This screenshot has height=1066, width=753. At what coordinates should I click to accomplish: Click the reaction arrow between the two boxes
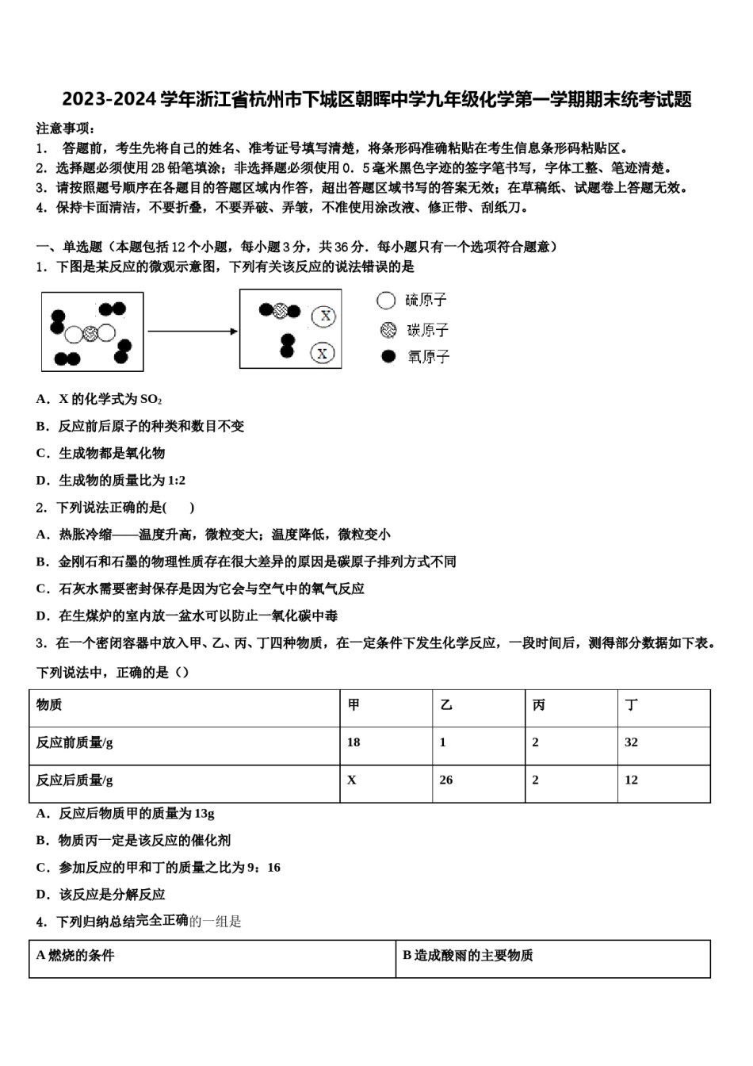(193, 331)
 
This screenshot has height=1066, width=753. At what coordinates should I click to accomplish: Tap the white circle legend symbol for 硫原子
(386, 300)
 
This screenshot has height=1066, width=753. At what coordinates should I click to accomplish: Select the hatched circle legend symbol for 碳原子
(388, 329)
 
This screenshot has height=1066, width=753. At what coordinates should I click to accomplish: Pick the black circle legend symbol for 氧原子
(388, 356)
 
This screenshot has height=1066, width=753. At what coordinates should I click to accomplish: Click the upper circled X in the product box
(323, 316)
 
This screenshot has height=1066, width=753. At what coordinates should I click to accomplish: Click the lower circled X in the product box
(321, 353)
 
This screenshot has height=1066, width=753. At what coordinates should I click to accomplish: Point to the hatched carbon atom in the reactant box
(90, 334)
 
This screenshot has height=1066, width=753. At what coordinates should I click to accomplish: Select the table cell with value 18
(354, 742)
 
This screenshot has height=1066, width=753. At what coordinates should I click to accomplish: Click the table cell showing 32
(631, 742)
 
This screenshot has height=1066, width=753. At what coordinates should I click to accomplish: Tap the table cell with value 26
(446, 780)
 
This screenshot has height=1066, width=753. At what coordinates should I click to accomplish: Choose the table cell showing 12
(631, 780)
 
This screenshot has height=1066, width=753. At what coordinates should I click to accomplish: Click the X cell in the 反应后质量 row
(352, 780)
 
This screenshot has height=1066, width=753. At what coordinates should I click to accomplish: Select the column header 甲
(354, 705)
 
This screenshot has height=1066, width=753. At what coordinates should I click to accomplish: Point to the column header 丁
(631, 705)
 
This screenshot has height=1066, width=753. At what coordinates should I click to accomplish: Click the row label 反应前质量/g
(75, 742)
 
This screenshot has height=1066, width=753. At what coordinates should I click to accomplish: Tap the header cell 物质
(49, 705)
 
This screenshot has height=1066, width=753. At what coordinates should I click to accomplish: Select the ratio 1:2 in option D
(176, 481)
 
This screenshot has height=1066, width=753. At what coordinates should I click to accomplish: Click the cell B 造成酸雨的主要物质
(468, 956)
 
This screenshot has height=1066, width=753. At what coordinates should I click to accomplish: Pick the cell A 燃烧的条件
(75, 956)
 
